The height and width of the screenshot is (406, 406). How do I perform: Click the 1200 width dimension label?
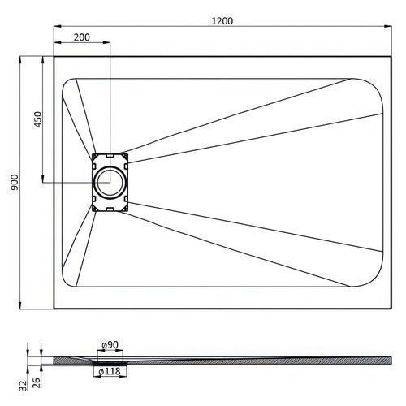point(222,21)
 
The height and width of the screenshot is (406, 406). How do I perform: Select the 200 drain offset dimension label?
point(82,37)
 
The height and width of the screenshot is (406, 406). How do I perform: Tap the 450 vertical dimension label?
point(37,119)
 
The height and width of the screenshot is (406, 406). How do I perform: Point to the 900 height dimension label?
point(14,182)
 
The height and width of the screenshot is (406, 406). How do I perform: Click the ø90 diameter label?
point(110,345)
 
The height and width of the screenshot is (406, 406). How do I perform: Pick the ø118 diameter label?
point(110,372)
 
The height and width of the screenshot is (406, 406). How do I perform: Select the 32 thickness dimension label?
point(24,386)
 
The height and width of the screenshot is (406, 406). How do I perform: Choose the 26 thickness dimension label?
point(37,382)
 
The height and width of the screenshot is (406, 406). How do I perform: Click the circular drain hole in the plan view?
point(110,182)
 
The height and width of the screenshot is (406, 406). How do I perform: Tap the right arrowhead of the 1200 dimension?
point(388,26)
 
